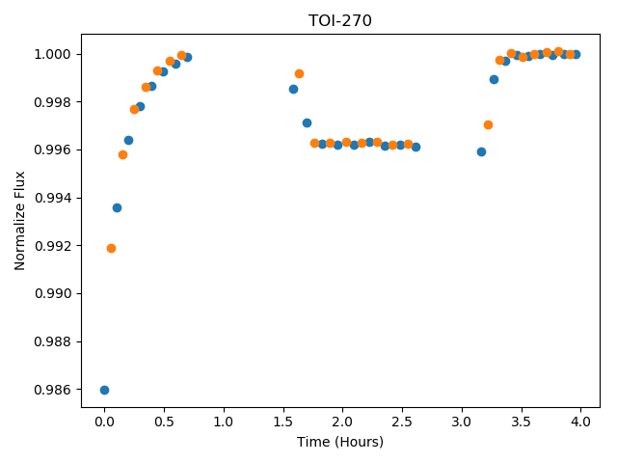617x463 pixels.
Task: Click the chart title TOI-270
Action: coord(340,20)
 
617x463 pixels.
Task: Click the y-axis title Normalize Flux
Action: coord(19,221)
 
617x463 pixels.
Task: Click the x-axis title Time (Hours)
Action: coord(340,442)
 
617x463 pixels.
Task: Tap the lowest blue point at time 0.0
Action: coord(104,390)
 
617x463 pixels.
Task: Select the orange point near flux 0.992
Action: coord(112,249)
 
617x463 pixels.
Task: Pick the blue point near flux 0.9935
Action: coord(117,208)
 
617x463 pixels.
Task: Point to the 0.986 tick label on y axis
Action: coord(52,390)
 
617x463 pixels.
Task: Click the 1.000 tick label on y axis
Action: coord(52,54)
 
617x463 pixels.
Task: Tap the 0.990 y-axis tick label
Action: coord(52,293)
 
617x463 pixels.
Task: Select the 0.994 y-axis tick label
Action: coord(52,198)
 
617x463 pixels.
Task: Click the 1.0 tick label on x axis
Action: coord(224,422)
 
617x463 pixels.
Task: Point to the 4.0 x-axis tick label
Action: coord(580,422)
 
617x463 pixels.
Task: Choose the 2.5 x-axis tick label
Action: coord(402,422)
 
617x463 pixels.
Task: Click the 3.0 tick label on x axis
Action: coord(462,422)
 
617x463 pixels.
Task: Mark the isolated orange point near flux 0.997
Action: coord(488,125)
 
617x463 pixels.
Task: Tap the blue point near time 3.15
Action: coord(481,152)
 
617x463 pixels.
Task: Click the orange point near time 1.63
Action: coord(299,73)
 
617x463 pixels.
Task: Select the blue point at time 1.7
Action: coord(307,123)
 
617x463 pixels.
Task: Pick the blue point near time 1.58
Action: coord(293,90)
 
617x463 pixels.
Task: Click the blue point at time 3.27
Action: coord(494,79)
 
